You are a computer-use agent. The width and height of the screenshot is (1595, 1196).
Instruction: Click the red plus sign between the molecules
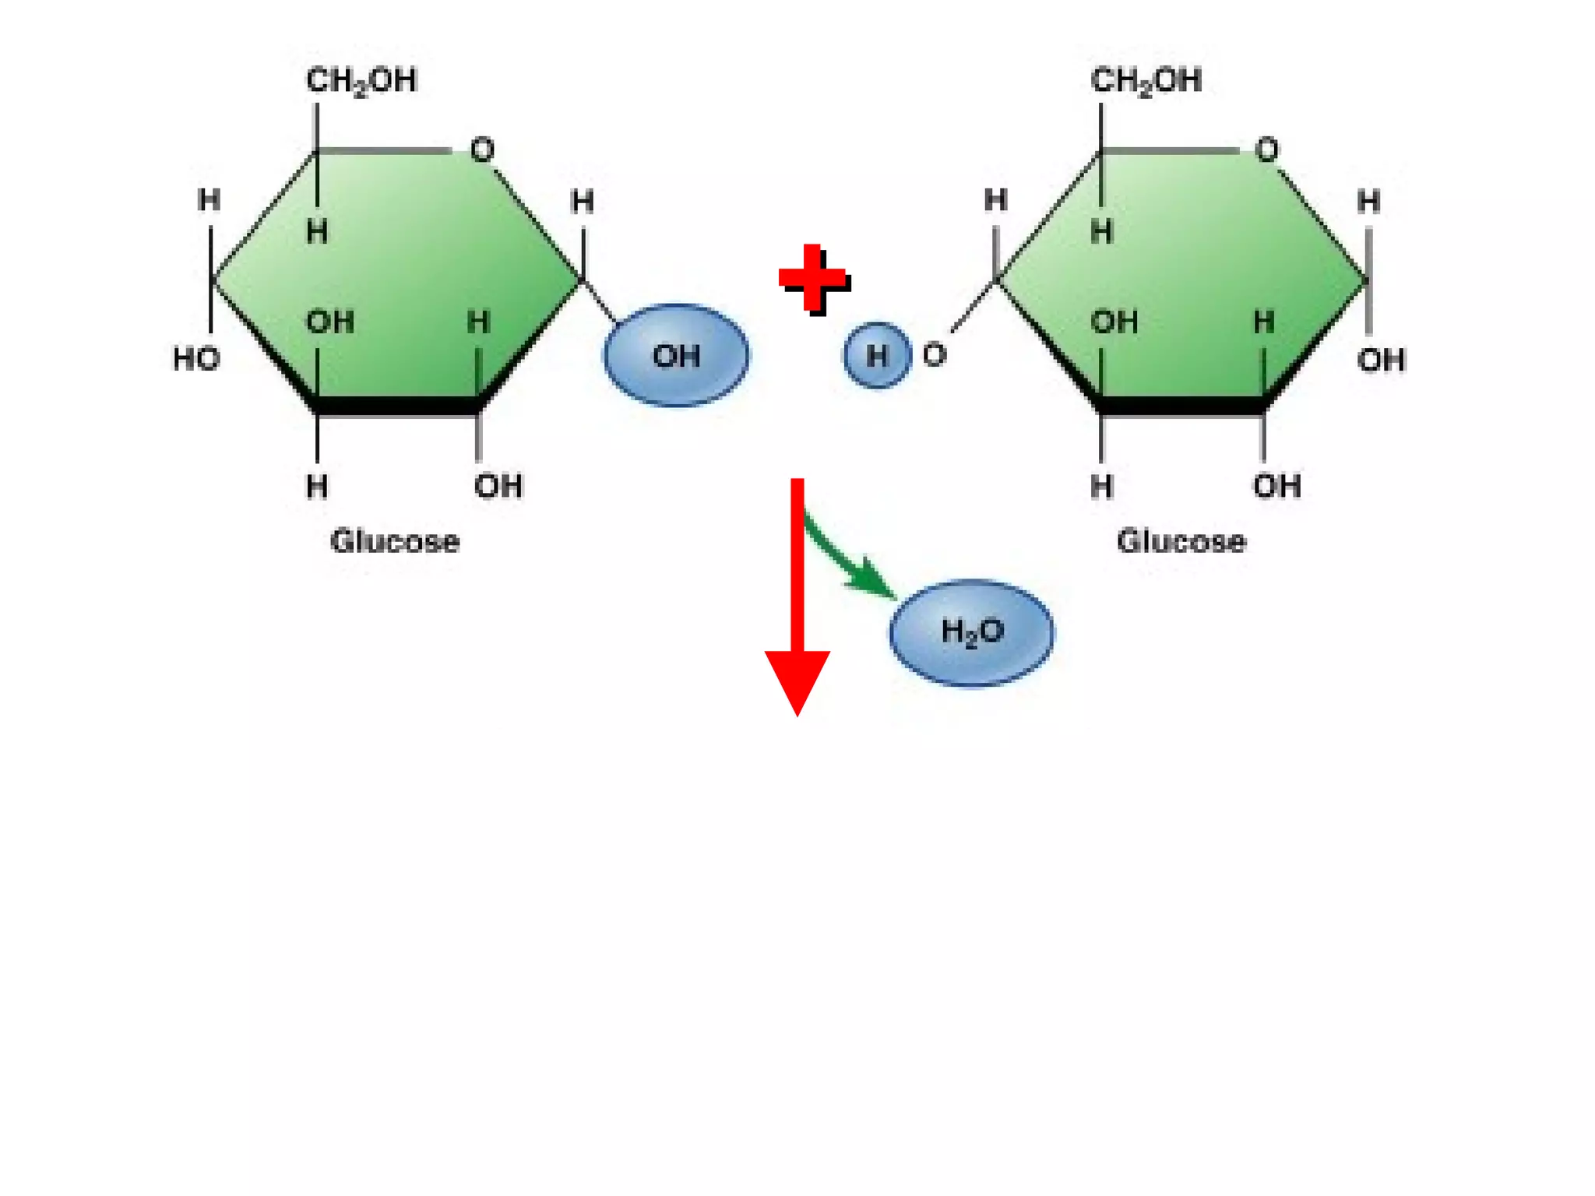[x=813, y=278]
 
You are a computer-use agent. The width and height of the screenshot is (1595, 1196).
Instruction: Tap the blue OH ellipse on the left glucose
[x=676, y=355]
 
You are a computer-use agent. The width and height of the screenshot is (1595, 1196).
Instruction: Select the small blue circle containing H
[x=877, y=355]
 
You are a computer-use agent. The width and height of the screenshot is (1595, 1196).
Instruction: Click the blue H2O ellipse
[x=971, y=631]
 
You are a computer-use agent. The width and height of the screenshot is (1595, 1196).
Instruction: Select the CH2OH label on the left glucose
[x=361, y=80]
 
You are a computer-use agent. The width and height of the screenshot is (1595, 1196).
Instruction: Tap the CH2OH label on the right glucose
[x=1146, y=80]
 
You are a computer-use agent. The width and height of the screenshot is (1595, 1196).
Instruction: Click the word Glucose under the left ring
[x=394, y=540]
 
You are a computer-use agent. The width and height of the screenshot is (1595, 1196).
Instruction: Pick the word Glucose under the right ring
[x=1181, y=540]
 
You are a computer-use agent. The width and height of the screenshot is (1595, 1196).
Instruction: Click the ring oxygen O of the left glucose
[x=482, y=149]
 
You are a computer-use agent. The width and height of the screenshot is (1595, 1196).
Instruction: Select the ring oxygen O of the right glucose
[x=1266, y=149]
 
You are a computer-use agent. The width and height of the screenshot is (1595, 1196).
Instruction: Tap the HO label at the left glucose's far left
[x=196, y=359]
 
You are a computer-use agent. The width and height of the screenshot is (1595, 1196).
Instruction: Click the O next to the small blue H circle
[x=934, y=355]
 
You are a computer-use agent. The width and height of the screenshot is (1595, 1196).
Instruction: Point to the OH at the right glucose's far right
[x=1381, y=360]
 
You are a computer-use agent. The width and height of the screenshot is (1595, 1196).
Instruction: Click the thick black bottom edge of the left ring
[x=397, y=406]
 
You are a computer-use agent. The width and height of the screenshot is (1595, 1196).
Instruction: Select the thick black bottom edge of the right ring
[x=1181, y=406]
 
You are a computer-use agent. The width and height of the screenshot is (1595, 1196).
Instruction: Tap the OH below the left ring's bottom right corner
[x=498, y=486]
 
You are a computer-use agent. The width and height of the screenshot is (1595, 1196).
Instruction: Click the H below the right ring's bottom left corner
[x=1100, y=487]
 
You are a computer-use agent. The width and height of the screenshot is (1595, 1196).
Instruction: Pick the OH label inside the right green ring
[x=1114, y=322]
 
